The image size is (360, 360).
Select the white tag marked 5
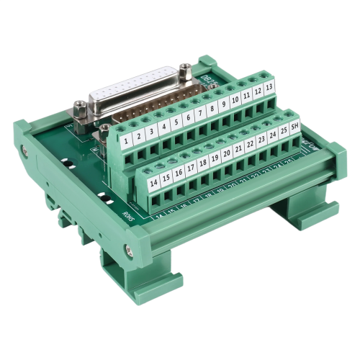[176, 124]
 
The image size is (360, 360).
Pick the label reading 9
[223, 107]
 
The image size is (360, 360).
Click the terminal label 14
[154, 184]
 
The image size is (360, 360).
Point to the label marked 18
[204, 165]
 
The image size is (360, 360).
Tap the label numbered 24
[273, 137]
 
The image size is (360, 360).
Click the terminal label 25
[284, 132]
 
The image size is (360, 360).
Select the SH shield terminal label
[294, 128]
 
